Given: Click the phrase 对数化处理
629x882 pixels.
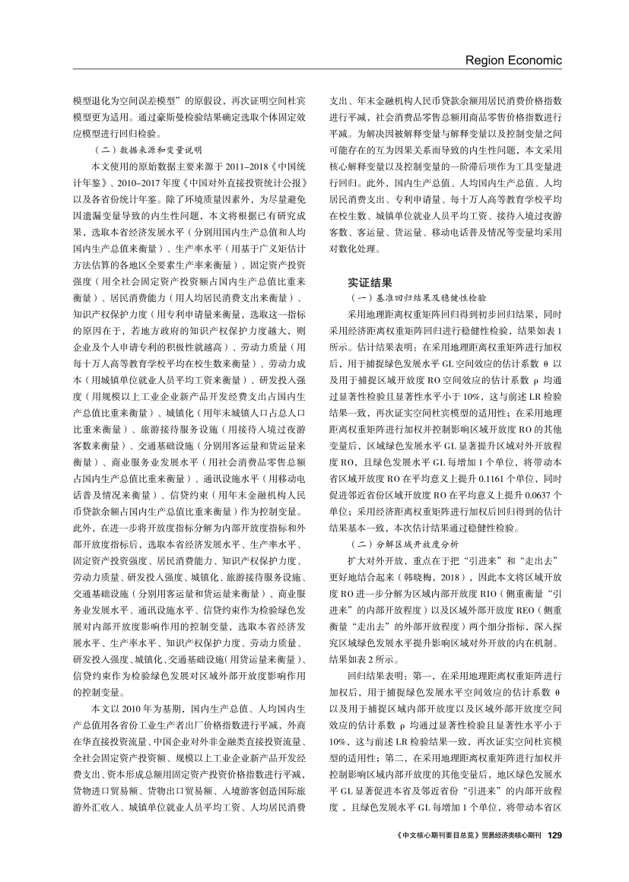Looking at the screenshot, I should [x=353, y=248].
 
